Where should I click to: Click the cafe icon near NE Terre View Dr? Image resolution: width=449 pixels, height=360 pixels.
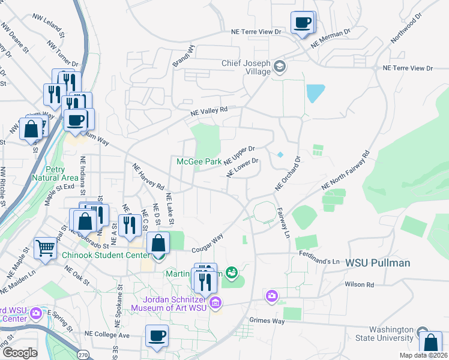coord(303,23)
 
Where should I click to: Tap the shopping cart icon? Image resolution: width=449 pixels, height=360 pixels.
coord(46,247)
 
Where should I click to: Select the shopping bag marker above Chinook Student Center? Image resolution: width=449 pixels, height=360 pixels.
coord(158,244)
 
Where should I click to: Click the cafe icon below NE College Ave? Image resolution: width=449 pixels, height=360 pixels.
coord(157,336)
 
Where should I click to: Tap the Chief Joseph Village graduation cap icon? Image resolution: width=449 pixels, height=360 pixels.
coord(279,66)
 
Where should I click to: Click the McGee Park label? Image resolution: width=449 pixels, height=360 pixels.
coord(199,161)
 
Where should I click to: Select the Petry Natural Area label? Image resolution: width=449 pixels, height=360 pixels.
coord(53,174)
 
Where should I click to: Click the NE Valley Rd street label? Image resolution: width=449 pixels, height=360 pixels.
coord(209,111)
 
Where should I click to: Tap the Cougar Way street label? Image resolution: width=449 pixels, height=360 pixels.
coord(207,243)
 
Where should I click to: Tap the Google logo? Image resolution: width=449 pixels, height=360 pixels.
coord(20,353)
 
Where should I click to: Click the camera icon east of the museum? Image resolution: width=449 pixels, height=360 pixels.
coord(272,296)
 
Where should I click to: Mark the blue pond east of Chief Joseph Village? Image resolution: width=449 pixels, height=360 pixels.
coord(315,93)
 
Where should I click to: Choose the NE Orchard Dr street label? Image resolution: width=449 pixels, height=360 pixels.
coord(287,175)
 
